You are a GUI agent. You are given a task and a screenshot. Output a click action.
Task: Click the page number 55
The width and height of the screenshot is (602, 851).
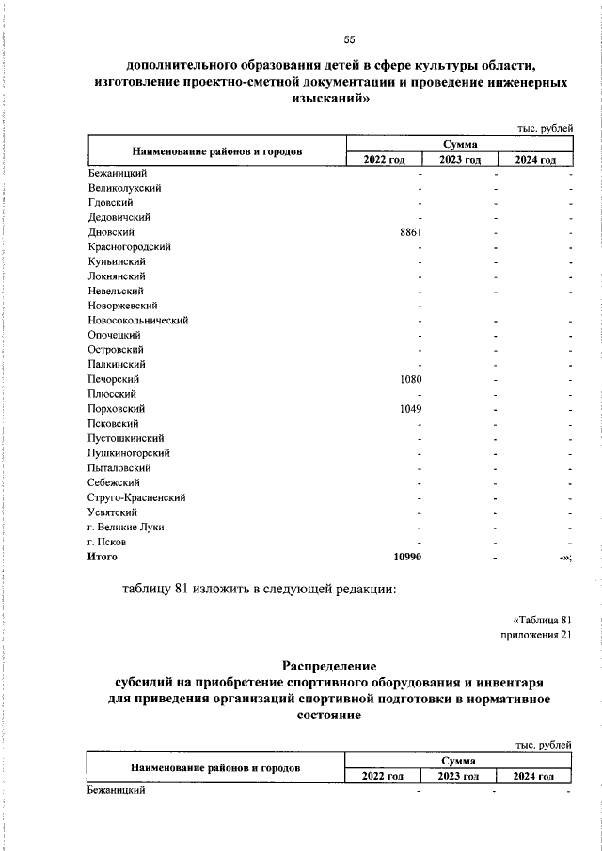(349, 39)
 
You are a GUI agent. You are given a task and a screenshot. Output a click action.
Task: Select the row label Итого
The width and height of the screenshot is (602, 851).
(102, 558)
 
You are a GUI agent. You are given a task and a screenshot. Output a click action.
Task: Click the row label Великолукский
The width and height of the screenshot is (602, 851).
(123, 187)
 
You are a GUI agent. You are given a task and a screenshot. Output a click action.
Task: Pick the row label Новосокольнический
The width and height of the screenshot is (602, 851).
(137, 321)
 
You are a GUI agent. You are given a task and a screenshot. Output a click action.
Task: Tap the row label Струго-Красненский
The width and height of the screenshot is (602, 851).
(135, 497)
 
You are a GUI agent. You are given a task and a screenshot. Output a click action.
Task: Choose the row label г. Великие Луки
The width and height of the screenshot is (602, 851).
(124, 528)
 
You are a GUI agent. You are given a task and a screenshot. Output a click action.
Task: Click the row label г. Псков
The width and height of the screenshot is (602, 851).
(106, 543)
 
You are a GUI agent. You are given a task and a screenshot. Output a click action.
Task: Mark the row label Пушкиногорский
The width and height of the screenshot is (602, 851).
(127, 453)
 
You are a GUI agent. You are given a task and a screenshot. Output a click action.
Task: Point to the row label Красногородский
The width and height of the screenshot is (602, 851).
(128, 246)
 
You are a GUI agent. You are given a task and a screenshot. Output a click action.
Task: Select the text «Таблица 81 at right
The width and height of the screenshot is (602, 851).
(543, 620)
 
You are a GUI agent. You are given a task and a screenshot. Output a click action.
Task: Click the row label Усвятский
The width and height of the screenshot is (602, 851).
(112, 512)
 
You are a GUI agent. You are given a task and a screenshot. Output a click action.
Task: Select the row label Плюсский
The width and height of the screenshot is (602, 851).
(112, 394)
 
